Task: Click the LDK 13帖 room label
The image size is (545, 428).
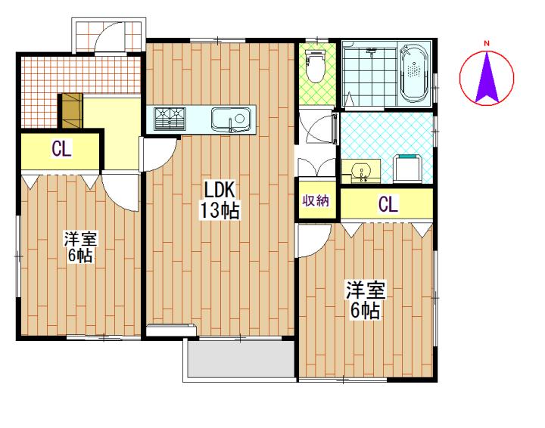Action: click(220, 200)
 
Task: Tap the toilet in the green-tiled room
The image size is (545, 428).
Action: click(315, 66)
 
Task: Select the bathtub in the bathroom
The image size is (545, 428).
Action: click(413, 73)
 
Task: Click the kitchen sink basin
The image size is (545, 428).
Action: click(231, 119)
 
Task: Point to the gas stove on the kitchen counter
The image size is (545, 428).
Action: click(170, 119)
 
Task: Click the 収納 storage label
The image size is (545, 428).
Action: click(316, 200)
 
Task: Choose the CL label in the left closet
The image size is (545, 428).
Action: click(61, 149)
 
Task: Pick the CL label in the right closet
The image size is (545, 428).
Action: click(388, 204)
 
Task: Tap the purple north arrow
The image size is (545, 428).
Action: click(487, 76)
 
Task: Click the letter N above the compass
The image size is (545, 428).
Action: click(487, 43)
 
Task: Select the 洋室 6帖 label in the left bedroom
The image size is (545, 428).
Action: click(80, 246)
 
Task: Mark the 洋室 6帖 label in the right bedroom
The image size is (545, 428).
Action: click(365, 301)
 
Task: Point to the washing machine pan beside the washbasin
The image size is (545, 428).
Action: click(408, 169)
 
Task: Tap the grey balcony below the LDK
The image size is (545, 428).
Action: click(241, 359)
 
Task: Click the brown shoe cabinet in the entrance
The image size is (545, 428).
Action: click(73, 110)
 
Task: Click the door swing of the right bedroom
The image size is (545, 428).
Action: click(313, 240)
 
